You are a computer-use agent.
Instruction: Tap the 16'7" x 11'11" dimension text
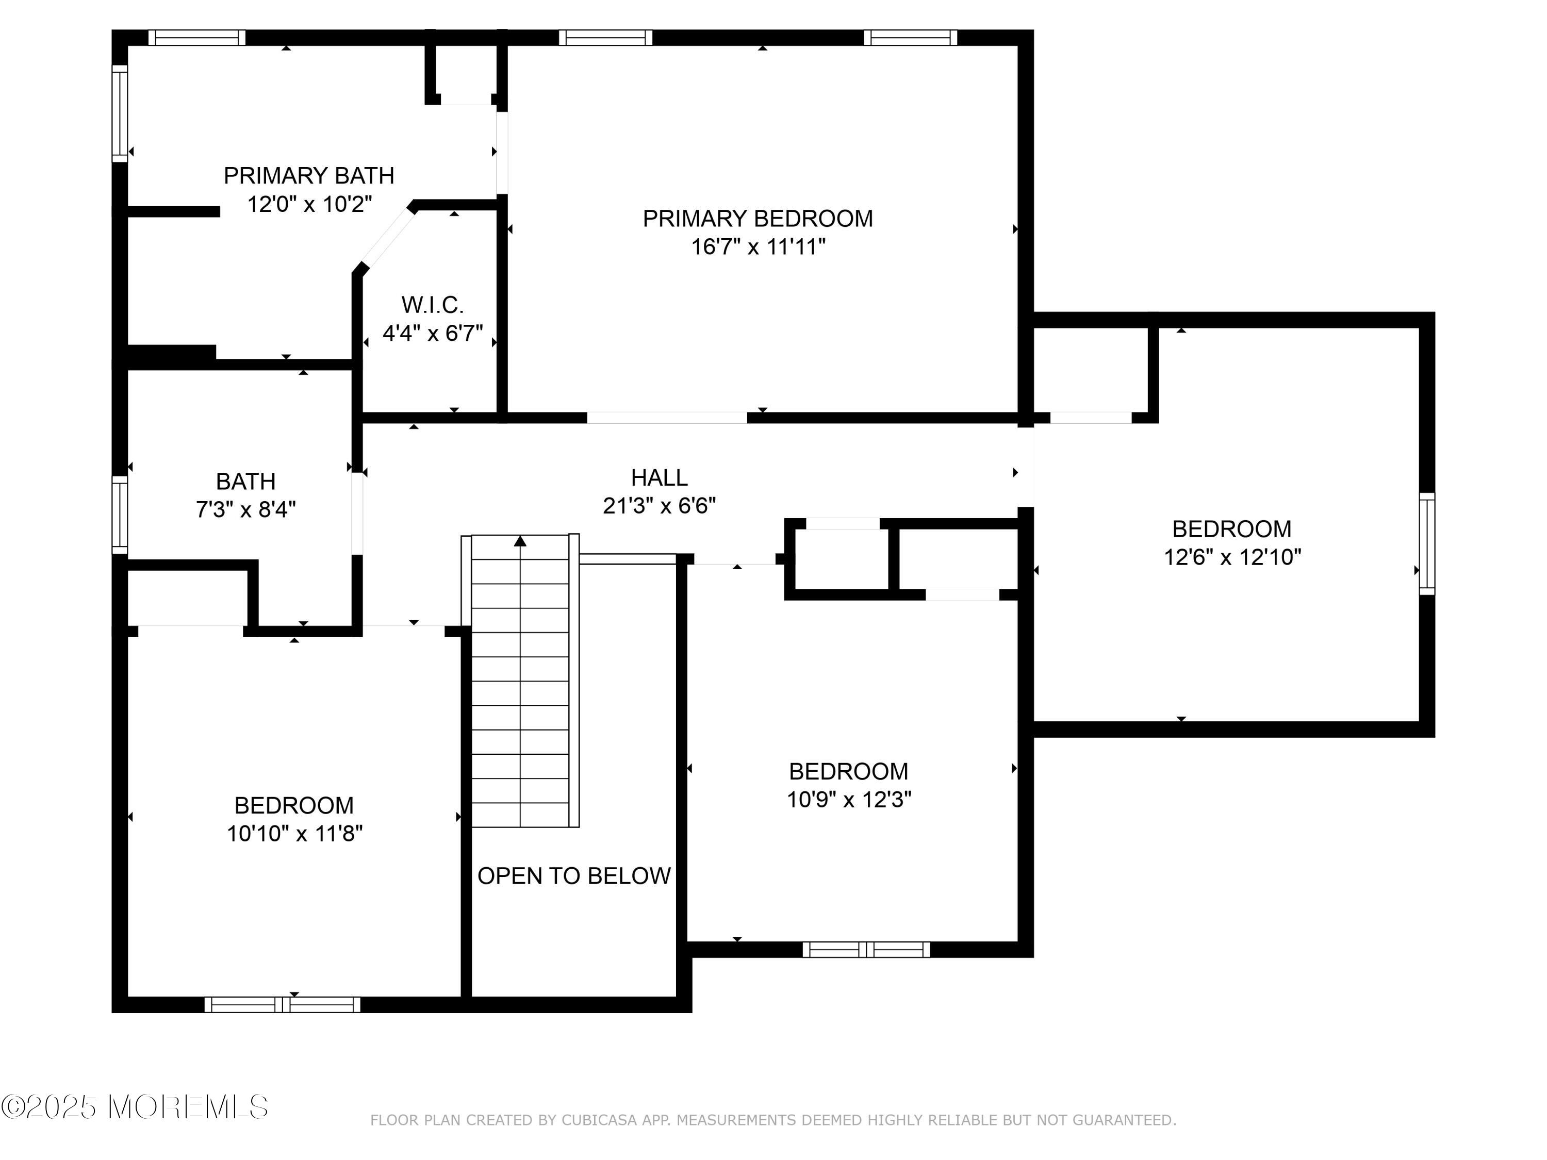(x=758, y=247)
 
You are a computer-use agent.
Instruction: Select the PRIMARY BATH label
(x=309, y=175)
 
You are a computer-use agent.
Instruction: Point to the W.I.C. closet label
(x=432, y=305)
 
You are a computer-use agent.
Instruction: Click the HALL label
(x=659, y=477)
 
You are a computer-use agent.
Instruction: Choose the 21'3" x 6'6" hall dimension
(x=659, y=506)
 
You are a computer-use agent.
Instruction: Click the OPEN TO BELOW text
(x=574, y=875)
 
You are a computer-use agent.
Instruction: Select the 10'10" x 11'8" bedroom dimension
(x=294, y=834)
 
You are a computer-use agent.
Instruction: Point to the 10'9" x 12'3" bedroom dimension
(x=849, y=799)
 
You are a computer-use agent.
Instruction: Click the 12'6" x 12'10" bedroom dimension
(x=1232, y=557)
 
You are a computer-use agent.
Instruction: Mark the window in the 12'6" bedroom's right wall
(x=1427, y=543)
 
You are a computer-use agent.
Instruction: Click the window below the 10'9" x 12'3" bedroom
(x=866, y=949)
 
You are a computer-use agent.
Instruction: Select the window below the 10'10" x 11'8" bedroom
(x=283, y=1005)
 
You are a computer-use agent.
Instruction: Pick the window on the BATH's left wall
(x=120, y=515)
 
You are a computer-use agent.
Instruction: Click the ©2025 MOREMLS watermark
(x=134, y=1107)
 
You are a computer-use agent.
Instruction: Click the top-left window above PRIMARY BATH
(x=196, y=38)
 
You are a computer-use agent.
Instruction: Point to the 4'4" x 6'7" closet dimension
(x=432, y=334)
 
